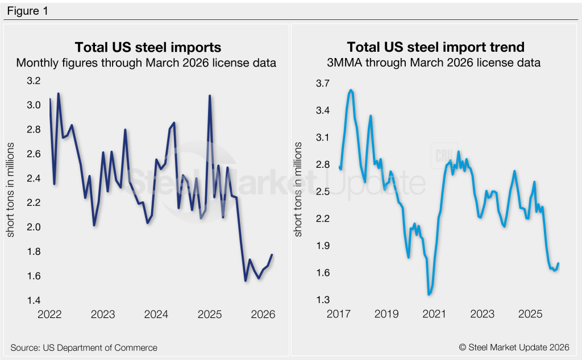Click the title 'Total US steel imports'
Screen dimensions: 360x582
point(148,47)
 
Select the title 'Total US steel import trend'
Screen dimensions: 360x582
point(435,47)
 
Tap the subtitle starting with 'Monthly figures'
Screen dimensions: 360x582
point(147,63)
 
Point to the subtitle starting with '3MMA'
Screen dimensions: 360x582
point(435,63)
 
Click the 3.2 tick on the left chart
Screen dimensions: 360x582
point(34,81)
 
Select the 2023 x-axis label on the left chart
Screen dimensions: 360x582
point(102,314)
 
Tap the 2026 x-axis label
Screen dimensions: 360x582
point(263,314)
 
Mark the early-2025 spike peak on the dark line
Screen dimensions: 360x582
point(210,96)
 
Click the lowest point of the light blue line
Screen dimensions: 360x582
point(429,294)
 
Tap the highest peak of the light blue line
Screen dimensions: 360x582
point(351,90)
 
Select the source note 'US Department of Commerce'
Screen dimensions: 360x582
point(84,347)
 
